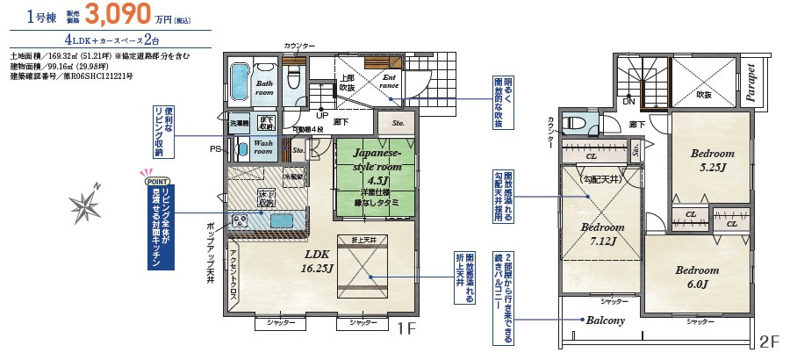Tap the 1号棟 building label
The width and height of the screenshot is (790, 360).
click(x=42, y=16)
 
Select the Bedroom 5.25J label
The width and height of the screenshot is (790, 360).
click(x=712, y=160)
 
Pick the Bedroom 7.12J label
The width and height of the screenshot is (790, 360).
click(x=602, y=233)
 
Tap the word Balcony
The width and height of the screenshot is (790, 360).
click(x=606, y=320)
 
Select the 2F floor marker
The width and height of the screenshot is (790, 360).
click(x=768, y=342)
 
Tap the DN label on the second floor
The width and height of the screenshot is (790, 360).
click(x=628, y=101)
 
